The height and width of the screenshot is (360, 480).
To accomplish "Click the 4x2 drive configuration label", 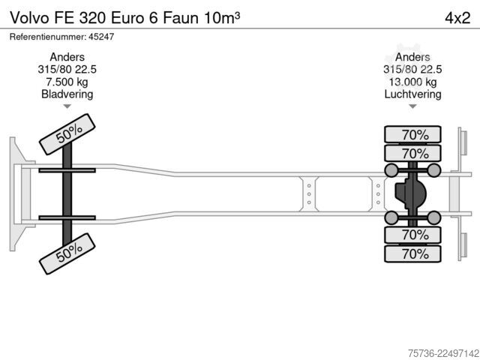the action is (x=457, y=18).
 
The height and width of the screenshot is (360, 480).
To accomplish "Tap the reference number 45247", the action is (x=101, y=37).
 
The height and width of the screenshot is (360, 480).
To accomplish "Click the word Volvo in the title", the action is (x=29, y=18).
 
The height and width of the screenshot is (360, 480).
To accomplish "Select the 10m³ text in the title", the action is (x=222, y=18).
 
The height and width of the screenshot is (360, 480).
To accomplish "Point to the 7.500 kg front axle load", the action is (x=67, y=82).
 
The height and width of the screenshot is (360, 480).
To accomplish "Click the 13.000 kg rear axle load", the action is (x=412, y=82).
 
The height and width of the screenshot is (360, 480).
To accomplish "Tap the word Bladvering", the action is (x=67, y=94).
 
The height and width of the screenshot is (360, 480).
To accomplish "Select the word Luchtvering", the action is (x=412, y=94).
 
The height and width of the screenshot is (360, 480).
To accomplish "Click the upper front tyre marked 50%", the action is (x=67, y=134).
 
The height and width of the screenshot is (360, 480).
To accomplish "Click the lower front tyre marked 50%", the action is (x=67, y=253).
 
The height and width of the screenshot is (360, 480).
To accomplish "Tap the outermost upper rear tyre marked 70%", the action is (x=412, y=134).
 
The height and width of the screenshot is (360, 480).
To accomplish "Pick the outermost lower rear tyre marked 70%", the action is (x=412, y=253).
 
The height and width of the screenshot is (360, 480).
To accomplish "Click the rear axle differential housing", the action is (x=410, y=193).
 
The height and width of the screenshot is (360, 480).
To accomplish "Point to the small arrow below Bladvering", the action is (x=67, y=106).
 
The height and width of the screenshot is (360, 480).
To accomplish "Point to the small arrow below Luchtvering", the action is (x=412, y=106).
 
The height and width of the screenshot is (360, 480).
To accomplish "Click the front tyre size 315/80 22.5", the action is (x=67, y=70).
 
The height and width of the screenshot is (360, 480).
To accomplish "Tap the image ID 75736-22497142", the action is (x=443, y=353).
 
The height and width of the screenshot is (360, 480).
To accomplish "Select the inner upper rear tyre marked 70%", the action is (x=412, y=153).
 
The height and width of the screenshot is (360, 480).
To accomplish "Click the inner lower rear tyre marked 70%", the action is (x=412, y=235).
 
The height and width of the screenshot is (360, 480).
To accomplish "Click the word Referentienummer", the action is (x=48, y=37).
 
